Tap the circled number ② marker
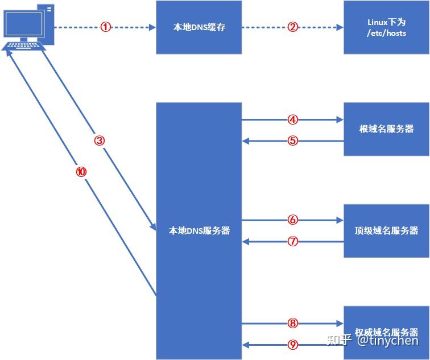click(292, 27)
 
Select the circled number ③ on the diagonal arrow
click(100, 140)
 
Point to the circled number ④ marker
click(292, 120)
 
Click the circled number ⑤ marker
click(292, 140)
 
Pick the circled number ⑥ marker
click(292, 220)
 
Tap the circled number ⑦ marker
click(292, 241)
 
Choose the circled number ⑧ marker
click(292, 323)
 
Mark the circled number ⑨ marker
click(292, 344)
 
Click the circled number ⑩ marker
click(81, 172)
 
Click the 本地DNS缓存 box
click(199, 27)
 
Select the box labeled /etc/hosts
click(386, 27)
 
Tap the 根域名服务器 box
click(386, 129)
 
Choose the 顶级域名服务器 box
click(386, 230)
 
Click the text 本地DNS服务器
click(199, 231)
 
